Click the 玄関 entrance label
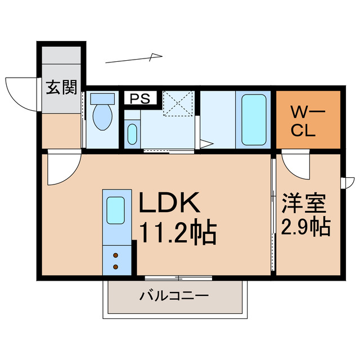[x=61, y=88]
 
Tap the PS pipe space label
[x=140, y=99]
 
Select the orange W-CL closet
[x=308, y=120]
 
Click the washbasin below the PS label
[x=132, y=134]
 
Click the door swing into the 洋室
[x=295, y=165]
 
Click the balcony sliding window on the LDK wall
[x=178, y=278]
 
